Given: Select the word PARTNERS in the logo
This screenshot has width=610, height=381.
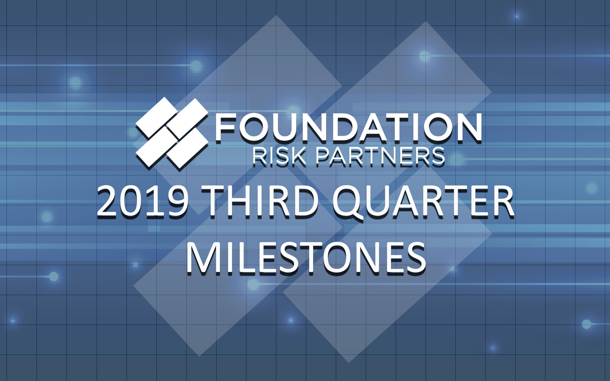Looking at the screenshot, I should (380, 156).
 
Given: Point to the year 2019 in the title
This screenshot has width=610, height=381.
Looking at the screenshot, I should (142, 202).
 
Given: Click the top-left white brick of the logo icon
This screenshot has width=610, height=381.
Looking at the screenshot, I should (156, 117).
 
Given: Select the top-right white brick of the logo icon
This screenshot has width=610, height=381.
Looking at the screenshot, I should (188, 117).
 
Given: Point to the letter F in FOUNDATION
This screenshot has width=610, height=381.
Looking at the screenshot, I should (226, 128).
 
